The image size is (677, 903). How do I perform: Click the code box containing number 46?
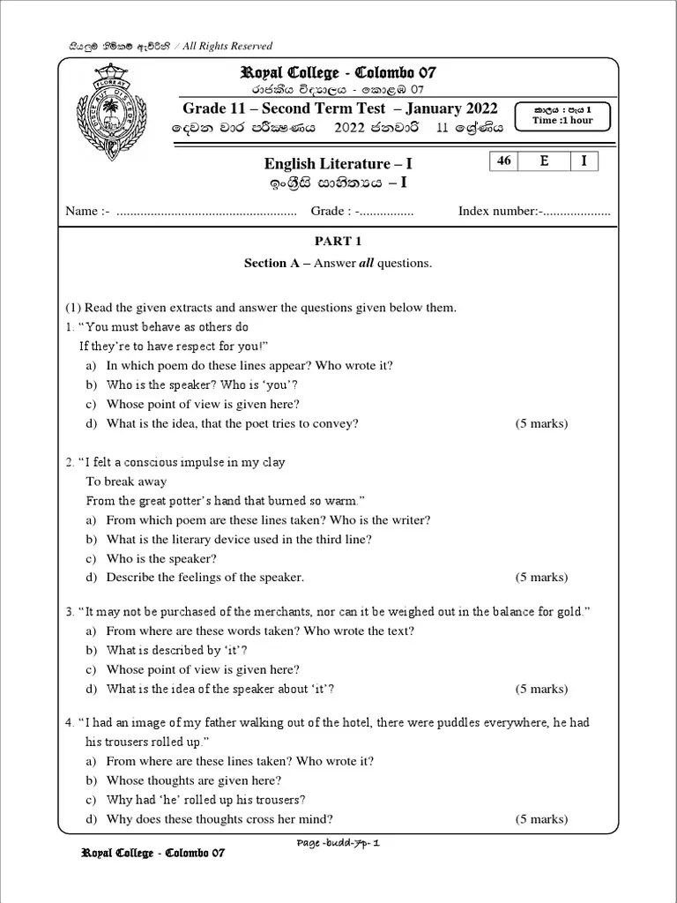click(504, 161)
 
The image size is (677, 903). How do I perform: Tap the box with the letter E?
click(544, 161)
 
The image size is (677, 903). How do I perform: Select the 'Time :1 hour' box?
click(562, 116)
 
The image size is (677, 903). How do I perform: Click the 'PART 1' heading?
click(338, 241)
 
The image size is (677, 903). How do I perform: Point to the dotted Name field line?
click(206, 212)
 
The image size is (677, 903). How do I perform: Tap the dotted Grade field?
click(385, 212)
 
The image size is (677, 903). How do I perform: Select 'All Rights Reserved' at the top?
click(227, 46)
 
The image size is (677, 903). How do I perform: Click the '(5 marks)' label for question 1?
click(541, 424)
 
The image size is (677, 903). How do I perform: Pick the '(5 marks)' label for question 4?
click(541, 819)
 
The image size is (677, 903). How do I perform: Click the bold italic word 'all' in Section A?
click(366, 264)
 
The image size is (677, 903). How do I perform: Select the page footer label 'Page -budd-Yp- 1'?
click(338, 843)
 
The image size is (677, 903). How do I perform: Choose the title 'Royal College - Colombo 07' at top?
click(338, 72)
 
